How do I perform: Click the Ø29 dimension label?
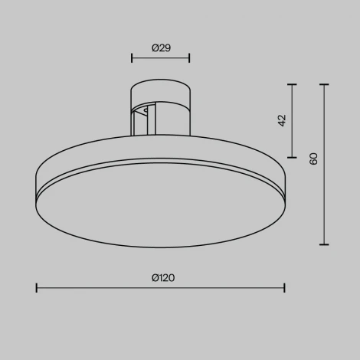160,47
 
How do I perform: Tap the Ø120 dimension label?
162,278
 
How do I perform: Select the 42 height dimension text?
282,120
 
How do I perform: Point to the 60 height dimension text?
313,159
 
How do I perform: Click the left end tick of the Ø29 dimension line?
133,57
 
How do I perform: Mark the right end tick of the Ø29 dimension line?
189,57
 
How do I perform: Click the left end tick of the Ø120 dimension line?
37,288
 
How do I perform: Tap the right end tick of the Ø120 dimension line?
285,288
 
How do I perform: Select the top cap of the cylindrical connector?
161,85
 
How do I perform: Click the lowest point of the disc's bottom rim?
161,247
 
